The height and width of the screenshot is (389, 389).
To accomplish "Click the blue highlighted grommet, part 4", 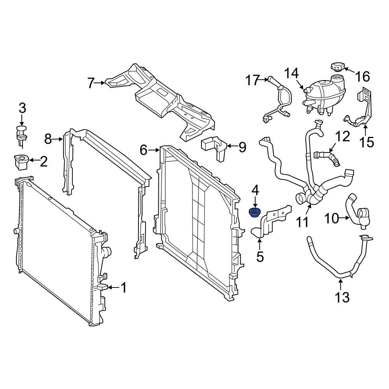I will click(x=254, y=212).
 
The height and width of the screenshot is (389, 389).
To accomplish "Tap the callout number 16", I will click(x=363, y=76).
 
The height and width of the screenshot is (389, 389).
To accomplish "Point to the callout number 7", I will click(x=91, y=83).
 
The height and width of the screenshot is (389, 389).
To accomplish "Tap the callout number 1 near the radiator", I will click(x=123, y=288).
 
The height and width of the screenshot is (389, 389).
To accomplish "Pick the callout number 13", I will click(x=342, y=297).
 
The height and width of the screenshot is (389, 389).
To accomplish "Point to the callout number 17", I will click(x=252, y=81).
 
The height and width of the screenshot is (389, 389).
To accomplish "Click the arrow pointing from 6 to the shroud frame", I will click(x=155, y=150).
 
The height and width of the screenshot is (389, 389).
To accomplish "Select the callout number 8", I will click(x=48, y=138).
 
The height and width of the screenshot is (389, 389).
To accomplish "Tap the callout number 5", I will click(x=260, y=256).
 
